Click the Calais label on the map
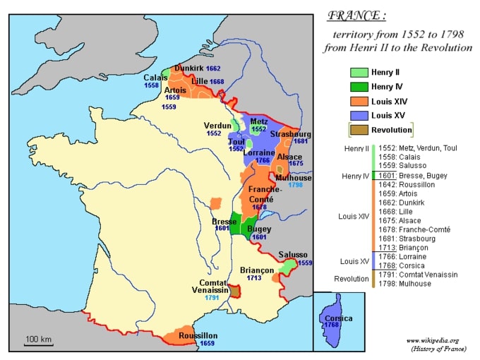tap(156, 78)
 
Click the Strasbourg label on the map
tap(290, 134)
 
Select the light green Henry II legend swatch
tap(359, 72)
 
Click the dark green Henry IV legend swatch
tap(359, 87)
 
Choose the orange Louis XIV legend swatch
tap(359, 102)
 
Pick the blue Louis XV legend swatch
tap(359, 116)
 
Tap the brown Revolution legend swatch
tap(359, 131)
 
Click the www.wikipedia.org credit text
tap(432, 340)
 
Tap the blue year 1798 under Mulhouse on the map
tap(295, 186)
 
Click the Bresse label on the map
tap(224, 221)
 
